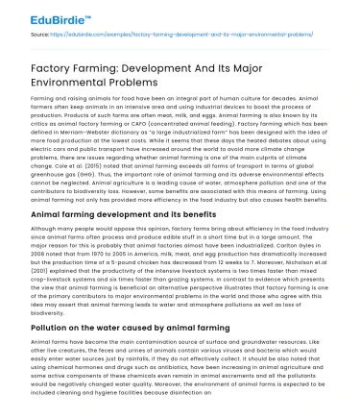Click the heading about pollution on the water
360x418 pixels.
[x=118, y=328]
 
